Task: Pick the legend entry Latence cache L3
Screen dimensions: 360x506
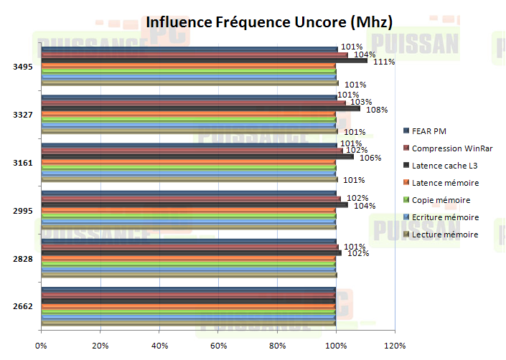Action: pos(446,165)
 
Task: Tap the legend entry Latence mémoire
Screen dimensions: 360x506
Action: pos(445,182)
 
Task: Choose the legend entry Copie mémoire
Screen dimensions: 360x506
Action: pos(441,199)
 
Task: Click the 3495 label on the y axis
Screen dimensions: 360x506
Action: pos(22,67)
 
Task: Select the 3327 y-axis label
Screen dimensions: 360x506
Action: pos(22,115)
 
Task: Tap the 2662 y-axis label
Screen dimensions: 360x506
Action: pos(22,306)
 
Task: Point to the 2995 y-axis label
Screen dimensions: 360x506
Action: pos(22,210)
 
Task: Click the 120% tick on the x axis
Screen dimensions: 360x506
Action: pos(395,345)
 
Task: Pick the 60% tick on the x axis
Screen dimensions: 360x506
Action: pos(218,345)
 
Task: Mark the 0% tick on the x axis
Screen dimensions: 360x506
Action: pos(42,345)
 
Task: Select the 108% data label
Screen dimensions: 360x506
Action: pos(378,110)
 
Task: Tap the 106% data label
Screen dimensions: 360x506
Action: pos(370,158)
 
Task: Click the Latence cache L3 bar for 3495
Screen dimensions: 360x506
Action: pos(204,60)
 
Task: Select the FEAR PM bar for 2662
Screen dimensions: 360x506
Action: pos(188,289)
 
